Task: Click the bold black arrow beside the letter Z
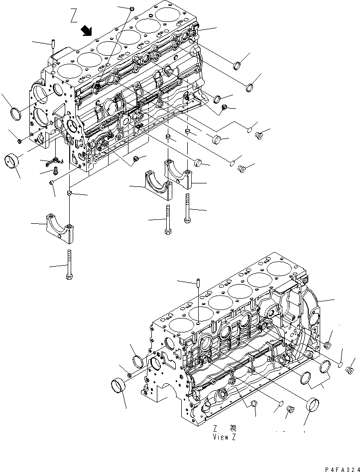point(88,31)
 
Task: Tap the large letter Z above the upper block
point(74,17)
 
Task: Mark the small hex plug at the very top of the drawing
point(131,8)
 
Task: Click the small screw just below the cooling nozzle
point(55,171)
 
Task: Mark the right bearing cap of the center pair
point(178,174)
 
